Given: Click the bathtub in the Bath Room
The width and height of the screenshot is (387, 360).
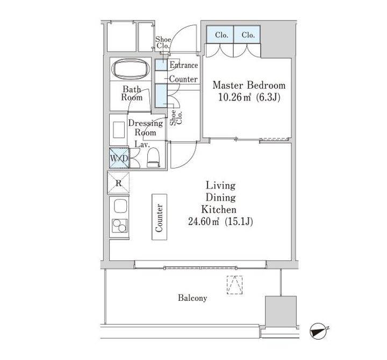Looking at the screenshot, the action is coord(131,69).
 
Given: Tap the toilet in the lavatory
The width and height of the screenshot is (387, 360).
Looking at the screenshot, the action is coord(154,158).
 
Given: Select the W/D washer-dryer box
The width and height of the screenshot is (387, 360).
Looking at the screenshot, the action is coord(119,158).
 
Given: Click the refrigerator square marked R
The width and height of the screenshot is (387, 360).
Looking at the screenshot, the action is coord(118,182).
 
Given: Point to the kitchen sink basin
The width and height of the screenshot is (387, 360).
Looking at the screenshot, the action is coord(120,206).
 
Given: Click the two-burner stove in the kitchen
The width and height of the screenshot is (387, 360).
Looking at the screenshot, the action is coord(120,226).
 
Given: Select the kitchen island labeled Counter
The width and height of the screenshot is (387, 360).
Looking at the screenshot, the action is coord(159,217).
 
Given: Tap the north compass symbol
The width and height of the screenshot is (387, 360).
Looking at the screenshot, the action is coord(318,331).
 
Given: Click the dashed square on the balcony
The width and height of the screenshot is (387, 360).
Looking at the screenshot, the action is coord(235,285).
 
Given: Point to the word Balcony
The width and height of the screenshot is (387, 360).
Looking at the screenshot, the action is coord(192,298).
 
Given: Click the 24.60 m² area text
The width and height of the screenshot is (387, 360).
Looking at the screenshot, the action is coord(204,221).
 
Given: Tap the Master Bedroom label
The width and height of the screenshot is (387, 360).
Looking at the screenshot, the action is coord(249,85).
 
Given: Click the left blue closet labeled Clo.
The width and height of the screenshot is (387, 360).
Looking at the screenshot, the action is coord(220,34).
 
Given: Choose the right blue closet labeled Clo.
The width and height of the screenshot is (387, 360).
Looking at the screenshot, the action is coord(247,34).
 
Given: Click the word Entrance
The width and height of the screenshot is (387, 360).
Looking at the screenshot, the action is coord(184,65).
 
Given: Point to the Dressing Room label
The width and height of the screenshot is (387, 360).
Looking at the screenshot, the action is coord(145,128).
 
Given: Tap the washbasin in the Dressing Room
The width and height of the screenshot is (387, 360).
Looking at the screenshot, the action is coord(119,130).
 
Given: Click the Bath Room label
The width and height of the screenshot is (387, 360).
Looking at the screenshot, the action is coord(132,93).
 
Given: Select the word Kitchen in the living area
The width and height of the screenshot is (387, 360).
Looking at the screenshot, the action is coord(219,209).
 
